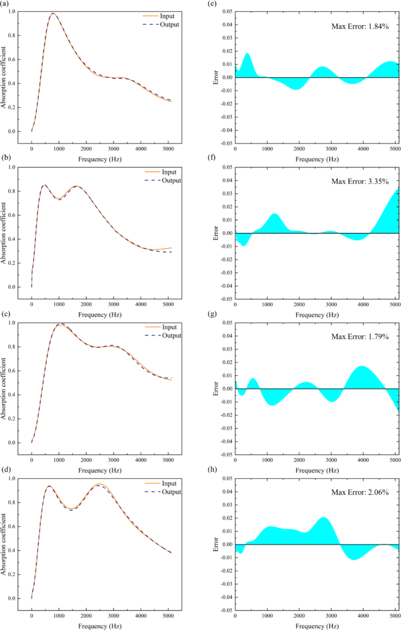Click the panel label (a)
click(5, 5)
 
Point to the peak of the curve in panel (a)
click(53, 13)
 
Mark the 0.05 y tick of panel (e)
click(225, 11)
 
